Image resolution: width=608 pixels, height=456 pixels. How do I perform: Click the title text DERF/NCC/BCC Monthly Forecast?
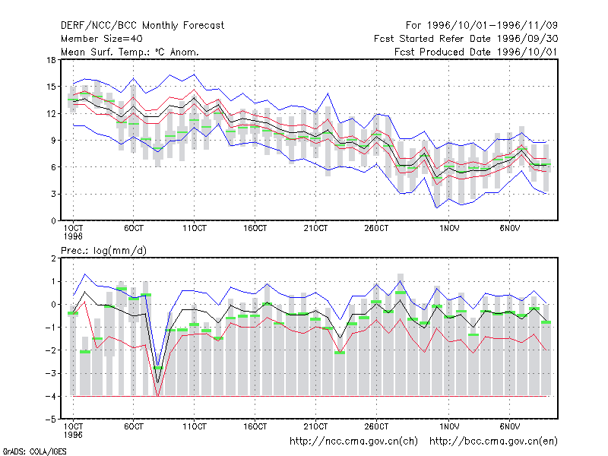[142, 26]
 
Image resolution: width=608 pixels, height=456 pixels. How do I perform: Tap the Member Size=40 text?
[102, 39]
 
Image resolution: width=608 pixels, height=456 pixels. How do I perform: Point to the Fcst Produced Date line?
[476, 52]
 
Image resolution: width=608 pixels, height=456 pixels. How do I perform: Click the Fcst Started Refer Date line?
[466, 39]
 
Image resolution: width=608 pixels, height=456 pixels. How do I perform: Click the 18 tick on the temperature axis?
[51, 60]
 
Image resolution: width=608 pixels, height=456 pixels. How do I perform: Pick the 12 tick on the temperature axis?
[51, 113]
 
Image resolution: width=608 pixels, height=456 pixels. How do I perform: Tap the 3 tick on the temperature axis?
[53, 194]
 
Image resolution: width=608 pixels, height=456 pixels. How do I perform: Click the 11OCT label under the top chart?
[195, 229]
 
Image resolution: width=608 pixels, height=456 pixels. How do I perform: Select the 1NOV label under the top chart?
[449, 229]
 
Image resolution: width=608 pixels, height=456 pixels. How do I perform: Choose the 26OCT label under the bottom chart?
[376, 426]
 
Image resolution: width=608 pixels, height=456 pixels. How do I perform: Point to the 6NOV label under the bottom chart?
[509, 426]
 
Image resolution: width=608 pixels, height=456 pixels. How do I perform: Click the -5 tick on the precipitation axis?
[51, 420]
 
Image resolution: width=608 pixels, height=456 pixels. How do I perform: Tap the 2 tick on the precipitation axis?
[53, 258]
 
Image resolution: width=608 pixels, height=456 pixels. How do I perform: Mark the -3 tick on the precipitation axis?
[51, 373]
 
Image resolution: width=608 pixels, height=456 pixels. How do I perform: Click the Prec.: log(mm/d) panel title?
[103, 251]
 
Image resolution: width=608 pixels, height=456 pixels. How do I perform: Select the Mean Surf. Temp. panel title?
[129, 52]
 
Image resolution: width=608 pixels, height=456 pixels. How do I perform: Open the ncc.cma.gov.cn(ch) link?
[353, 442]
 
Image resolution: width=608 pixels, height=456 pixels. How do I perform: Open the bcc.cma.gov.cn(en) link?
[493, 442]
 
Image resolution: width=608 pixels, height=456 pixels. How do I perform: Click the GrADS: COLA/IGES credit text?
[34, 451]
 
